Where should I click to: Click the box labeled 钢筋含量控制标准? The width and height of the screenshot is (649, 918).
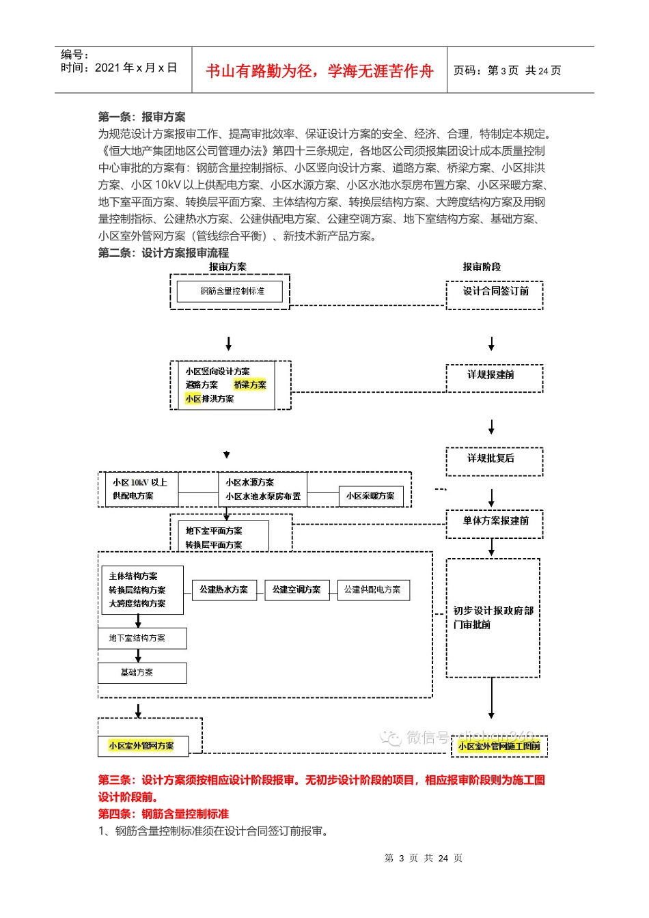tap(232, 292)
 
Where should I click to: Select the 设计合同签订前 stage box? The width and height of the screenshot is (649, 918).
tap(495, 292)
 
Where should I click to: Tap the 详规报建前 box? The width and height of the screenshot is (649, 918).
tap(491, 375)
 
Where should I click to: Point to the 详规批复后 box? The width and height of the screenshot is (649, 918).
tap(491, 458)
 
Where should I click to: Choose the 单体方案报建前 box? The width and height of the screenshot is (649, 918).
tap(495, 521)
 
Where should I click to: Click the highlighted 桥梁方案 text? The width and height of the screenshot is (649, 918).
tap(250, 385)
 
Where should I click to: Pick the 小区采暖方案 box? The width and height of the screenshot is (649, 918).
tap(370, 496)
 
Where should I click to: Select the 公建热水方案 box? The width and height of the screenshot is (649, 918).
tap(223, 589)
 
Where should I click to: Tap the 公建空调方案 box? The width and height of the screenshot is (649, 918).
tap(296, 589)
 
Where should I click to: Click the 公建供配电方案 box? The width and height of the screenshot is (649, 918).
tap(373, 589)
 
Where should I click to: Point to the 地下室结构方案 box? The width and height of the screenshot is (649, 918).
tap(142, 638)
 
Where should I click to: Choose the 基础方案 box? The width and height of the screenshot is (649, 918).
tap(142, 673)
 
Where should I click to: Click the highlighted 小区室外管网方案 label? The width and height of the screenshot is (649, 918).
tap(141, 746)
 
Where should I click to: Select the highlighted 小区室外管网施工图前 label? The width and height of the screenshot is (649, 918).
tap(499, 747)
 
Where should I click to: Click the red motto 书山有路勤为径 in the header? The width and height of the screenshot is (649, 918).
tap(319, 71)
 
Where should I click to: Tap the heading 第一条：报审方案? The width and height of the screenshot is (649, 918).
tap(141, 117)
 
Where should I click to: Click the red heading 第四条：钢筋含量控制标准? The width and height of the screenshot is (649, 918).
tap(163, 814)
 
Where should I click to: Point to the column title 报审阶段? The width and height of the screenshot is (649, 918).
tap(482, 267)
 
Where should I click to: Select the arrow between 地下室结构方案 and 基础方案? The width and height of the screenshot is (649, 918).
tap(138, 656)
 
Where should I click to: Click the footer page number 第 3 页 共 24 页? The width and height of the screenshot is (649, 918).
tap(424, 859)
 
